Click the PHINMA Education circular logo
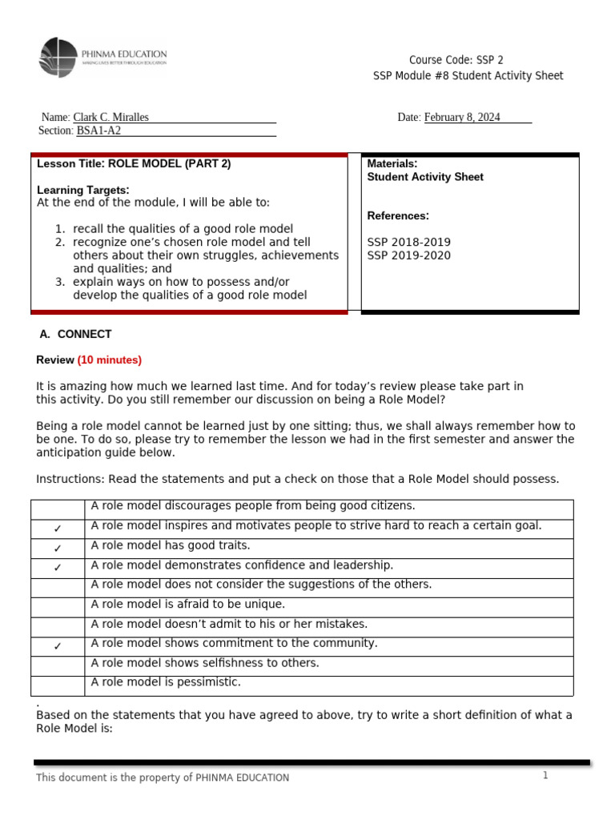click(x=59, y=57)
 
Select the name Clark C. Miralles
click(x=111, y=118)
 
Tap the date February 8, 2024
click(x=462, y=118)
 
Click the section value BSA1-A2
click(x=98, y=131)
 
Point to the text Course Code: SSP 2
click(x=456, y=60)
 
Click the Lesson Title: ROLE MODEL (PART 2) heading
click(x=134, y=163)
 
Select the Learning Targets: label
click(x=83, y=190)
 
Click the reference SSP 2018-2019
click(x=408, y=242)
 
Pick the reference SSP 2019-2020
click(x=408, y=255)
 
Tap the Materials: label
click(x=392, y=163)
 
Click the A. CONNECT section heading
click(x=75, y=334)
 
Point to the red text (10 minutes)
click(x=109, y=360)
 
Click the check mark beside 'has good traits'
click(x=58, y=549)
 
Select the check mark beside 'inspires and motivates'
click(x=58, y=529)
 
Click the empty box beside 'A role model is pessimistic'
click(x=58, y=685)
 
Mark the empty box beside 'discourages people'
click(x=58, y=509)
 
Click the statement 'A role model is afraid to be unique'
click(x=188, y=604)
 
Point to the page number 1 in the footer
click(x=545, y=776)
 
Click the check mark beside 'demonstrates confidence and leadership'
click(x=58, y=568)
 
